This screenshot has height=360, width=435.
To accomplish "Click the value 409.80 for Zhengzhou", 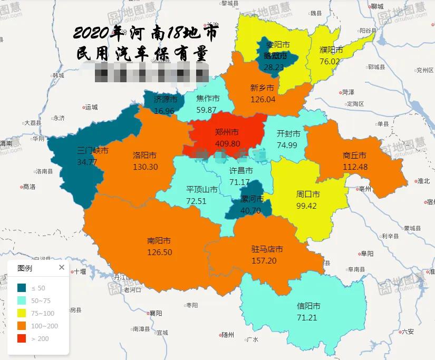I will coord(228,143).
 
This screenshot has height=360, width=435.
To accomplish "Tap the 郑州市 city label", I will coord(227,132).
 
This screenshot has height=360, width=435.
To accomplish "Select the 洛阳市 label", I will coord(144,155).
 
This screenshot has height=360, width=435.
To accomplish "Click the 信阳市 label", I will coord(308,306).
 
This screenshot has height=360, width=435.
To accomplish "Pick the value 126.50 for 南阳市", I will coord(160,252).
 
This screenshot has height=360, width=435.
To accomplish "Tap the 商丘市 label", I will coord(354,155).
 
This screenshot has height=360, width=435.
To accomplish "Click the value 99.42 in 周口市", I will coord(306,206).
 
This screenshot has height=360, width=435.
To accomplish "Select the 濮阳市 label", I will coord(331,50).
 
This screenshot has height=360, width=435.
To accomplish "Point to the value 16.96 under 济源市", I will coord(164,111).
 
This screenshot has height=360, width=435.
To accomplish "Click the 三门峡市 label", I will coord(93,151).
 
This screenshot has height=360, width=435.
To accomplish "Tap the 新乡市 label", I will coord(262,88).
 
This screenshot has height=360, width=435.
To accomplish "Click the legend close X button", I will coord(62,268).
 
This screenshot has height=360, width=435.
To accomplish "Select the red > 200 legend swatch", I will coord(22,338).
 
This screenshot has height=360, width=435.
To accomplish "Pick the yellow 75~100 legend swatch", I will coord(22,313).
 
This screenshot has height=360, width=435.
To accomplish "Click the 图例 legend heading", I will coord(25,268).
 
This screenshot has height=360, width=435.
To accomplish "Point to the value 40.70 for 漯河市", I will coord(250,210).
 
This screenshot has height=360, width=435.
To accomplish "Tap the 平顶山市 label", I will coord(202,189).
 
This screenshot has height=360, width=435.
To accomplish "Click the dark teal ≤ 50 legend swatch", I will coord(22,288).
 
